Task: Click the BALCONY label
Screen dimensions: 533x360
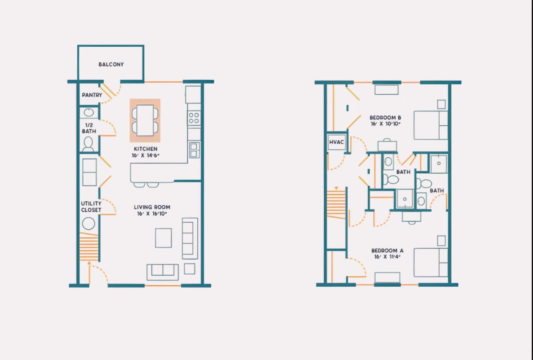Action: pyautogui.click(x=111, y=64)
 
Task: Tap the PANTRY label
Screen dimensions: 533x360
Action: pyautogui.click(x=92, y=95)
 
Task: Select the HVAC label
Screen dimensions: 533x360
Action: pyautogui.click(x=337, y=142)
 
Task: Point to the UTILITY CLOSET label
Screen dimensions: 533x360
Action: pyautogui.click(x=91, y=207)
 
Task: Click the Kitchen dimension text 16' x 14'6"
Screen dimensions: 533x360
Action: pyautogui.click(x=146, y=156)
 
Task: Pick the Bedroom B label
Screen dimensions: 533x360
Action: pyautogui.click(x=385, y=118)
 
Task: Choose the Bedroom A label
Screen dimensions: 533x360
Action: pyautogui.click(x=387, y=251)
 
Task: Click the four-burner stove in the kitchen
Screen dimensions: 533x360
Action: pyautogui.click(x=194, y=118)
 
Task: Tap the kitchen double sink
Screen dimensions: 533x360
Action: pyautogui.click(x=194, y=150)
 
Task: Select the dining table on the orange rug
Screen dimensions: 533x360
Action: pyautogui.click(x=145, y=120)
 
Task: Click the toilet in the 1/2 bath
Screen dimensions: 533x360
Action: pyautogui.click(x=88, y=144)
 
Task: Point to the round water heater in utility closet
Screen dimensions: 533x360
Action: pyautogui.click(x=88, y=224)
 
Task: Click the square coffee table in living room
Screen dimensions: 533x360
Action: pyautogui.click(x=163, y=238)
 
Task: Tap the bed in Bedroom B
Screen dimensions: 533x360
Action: pyautogui.click(x=431, y=125)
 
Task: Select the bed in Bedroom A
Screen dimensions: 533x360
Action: pyautogui.click(x=431, y=262)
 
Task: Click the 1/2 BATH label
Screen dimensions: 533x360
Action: pyautogui.click(x=89, y=128)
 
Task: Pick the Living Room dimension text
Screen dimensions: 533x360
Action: pyautogui.click(x=152, y=214)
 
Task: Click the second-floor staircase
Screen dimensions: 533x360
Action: pyautogui.click(x=336, y=204)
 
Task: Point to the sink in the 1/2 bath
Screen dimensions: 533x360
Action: pyautogui.click(x=89, y=112)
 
